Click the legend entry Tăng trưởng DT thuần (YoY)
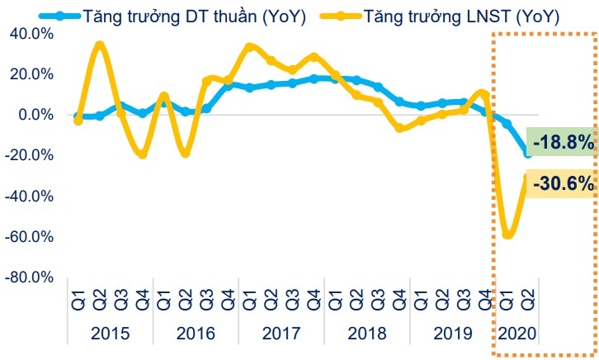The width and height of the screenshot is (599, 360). [x=178, y=16]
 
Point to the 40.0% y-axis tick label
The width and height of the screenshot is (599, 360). [x=30, y=34]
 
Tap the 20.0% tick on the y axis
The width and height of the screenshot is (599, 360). [x=30, y=74]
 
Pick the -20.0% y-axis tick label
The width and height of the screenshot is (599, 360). [x=28, y=156]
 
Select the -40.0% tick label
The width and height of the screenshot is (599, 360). [x=28, y=197]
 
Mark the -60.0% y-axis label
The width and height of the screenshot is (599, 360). [x=28, y=237]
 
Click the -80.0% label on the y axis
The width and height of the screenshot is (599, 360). [x=28, y=277]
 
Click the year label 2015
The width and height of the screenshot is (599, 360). [x=110, y=334]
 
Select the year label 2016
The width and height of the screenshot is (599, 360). [x=196, y=334]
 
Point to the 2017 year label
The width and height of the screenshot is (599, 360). [x=281, y=334]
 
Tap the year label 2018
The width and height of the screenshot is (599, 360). [x=367, y=334]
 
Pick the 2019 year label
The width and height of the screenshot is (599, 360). [x=453, y=334]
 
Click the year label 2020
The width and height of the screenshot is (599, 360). [x=517, y=334]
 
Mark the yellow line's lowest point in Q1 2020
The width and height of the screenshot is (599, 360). [x=507, y=235]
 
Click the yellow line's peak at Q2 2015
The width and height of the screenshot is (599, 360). [x=100, y=44]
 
